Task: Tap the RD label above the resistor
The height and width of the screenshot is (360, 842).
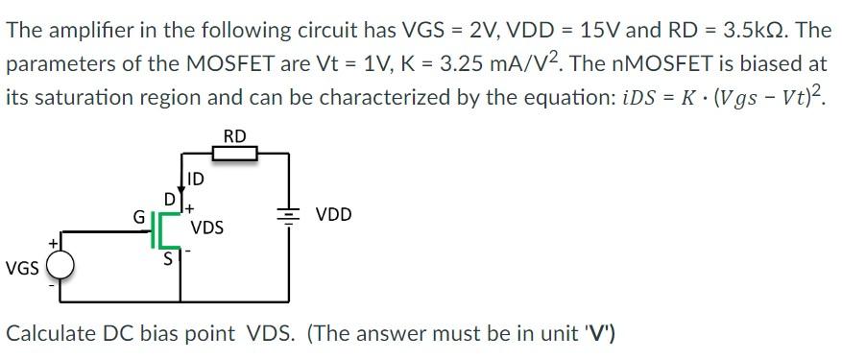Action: coord(234,135)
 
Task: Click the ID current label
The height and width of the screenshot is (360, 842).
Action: coord(195,179)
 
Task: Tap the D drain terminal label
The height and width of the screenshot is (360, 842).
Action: coord(169,199)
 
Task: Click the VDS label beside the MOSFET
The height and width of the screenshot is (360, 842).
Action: coord(207,228)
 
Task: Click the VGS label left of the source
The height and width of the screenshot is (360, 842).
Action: coord(21,268)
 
